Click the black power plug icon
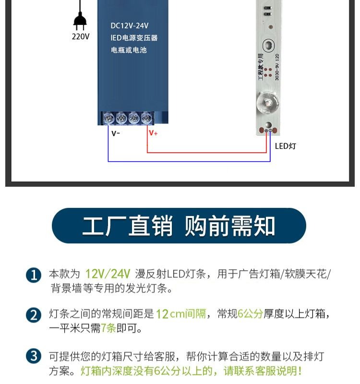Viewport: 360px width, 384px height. (80, 21)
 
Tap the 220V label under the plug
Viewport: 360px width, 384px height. (81, 36)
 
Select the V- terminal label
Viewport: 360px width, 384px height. (116, 133)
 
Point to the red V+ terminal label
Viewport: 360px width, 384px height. (153, 133)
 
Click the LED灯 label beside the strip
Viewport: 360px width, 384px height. (286, 146)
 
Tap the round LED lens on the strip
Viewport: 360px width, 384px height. (266, 103)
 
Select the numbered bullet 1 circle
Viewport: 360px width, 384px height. (34, 276)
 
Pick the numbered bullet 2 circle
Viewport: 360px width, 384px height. (34, 315)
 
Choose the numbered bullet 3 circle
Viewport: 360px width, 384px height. (34, 357)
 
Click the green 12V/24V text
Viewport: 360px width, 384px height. (108, 274)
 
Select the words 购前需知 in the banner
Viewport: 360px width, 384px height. (230, 226)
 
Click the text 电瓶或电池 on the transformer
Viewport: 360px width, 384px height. (129, 50)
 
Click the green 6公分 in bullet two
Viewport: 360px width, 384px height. (251, 314)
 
